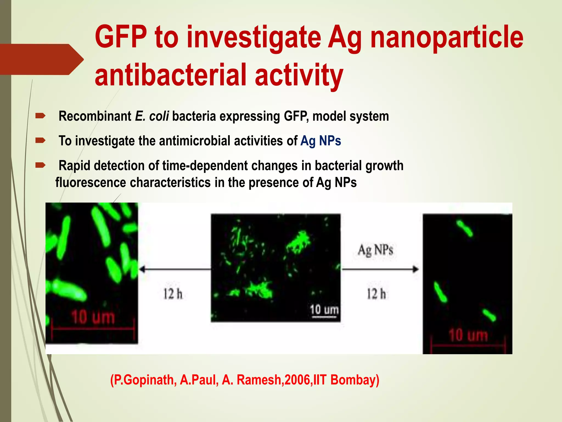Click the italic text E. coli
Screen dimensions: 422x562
[152, 116]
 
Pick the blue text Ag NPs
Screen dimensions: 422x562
[321, 141]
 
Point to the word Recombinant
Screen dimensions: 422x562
[95, 116]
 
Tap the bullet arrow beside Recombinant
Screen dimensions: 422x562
[40, 116]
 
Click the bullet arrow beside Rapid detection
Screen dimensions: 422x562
[40, 165]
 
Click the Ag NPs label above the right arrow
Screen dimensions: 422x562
[375, 250]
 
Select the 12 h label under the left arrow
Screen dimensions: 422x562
[173, 294]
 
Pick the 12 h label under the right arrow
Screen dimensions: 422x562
[376, 294]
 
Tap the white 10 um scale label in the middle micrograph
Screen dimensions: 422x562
[324, 310]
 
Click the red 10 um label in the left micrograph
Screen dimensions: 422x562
[93, 317]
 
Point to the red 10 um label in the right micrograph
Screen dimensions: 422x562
[468, 335]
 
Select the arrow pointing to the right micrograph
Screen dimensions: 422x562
[380, 269]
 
